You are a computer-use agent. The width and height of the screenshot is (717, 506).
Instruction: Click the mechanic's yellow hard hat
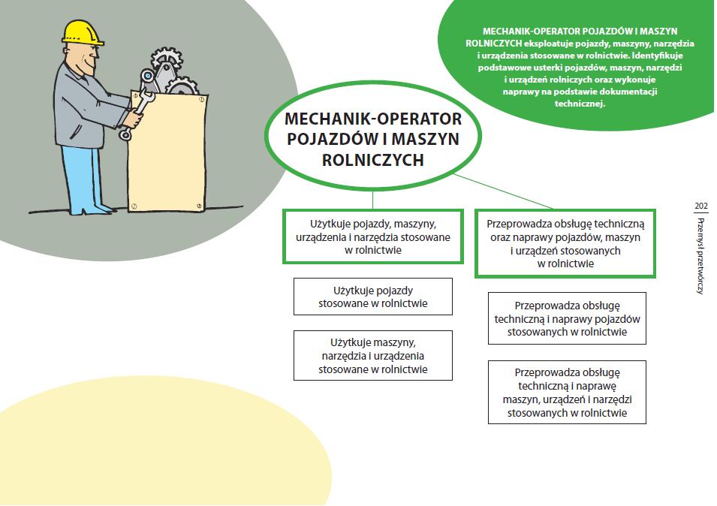[x=83, y=32]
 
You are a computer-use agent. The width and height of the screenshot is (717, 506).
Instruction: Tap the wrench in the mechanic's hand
[x=140, y=105]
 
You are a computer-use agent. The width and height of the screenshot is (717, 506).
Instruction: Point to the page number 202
[x=701, y=205]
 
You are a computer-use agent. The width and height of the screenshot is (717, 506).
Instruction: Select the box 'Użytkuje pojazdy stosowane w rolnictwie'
[x=372, y=297]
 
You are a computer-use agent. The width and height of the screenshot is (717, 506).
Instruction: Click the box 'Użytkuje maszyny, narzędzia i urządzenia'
[x=372, y=355]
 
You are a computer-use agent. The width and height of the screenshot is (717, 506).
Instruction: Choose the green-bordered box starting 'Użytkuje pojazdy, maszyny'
[x=372, y=236]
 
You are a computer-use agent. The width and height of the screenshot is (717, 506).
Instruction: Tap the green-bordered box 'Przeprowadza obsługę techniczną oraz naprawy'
[x=565, y=243]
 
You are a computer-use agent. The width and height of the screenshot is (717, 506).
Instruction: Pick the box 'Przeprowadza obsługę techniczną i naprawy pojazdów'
[x=566, y=318]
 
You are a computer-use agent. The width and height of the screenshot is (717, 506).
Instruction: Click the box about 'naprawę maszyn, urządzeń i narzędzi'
[x=566, y=392]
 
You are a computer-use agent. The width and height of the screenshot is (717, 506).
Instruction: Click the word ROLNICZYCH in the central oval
[x=372, y=159]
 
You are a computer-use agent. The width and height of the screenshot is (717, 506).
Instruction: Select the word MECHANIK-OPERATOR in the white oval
[x=372, y=120]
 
